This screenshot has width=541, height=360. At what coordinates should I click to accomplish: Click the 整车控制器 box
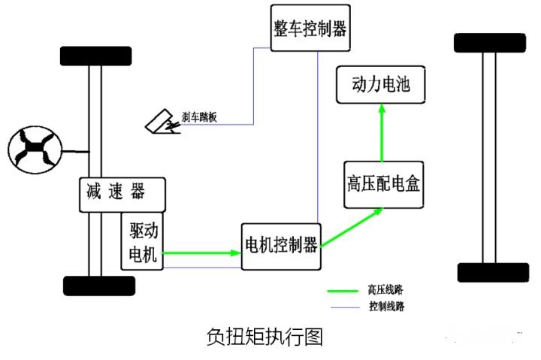[x=310, y=28]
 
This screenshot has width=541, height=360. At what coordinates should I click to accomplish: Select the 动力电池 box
[x=380, y=85]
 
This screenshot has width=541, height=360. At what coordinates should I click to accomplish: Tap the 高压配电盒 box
[x=384, y=185]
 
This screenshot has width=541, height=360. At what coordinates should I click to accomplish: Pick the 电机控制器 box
[x=281, y=247]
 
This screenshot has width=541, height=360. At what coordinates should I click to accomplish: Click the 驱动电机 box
[x=142, y=241]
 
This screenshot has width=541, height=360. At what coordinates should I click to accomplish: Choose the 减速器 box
[x=122, y=195]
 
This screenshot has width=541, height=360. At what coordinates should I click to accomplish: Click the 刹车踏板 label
[x=199, y=117]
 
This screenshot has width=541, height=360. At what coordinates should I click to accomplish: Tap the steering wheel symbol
[x=35, y=150]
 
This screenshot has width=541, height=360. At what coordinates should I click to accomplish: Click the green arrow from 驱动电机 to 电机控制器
[x=202, y=253]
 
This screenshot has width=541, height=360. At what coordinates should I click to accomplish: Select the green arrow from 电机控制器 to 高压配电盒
[x=352, y=227]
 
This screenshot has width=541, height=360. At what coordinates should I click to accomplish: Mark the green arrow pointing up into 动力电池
[x=382, y=132]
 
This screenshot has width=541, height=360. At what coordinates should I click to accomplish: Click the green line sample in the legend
[x=343, y=292]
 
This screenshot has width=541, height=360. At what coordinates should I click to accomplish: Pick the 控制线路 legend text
[x=386, y=306]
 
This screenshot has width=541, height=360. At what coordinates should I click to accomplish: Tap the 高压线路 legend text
[x=385, y=289]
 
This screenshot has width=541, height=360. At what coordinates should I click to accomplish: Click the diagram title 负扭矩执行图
[x=264, y=337]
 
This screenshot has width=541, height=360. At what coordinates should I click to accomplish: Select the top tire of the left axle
[x=96, y=56]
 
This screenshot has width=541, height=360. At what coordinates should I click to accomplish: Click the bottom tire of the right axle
[x=493, y=272]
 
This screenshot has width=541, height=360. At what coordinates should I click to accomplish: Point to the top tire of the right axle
[x=490, y=43]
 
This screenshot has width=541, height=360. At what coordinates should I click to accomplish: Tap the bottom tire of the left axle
[x=99, y=286]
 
